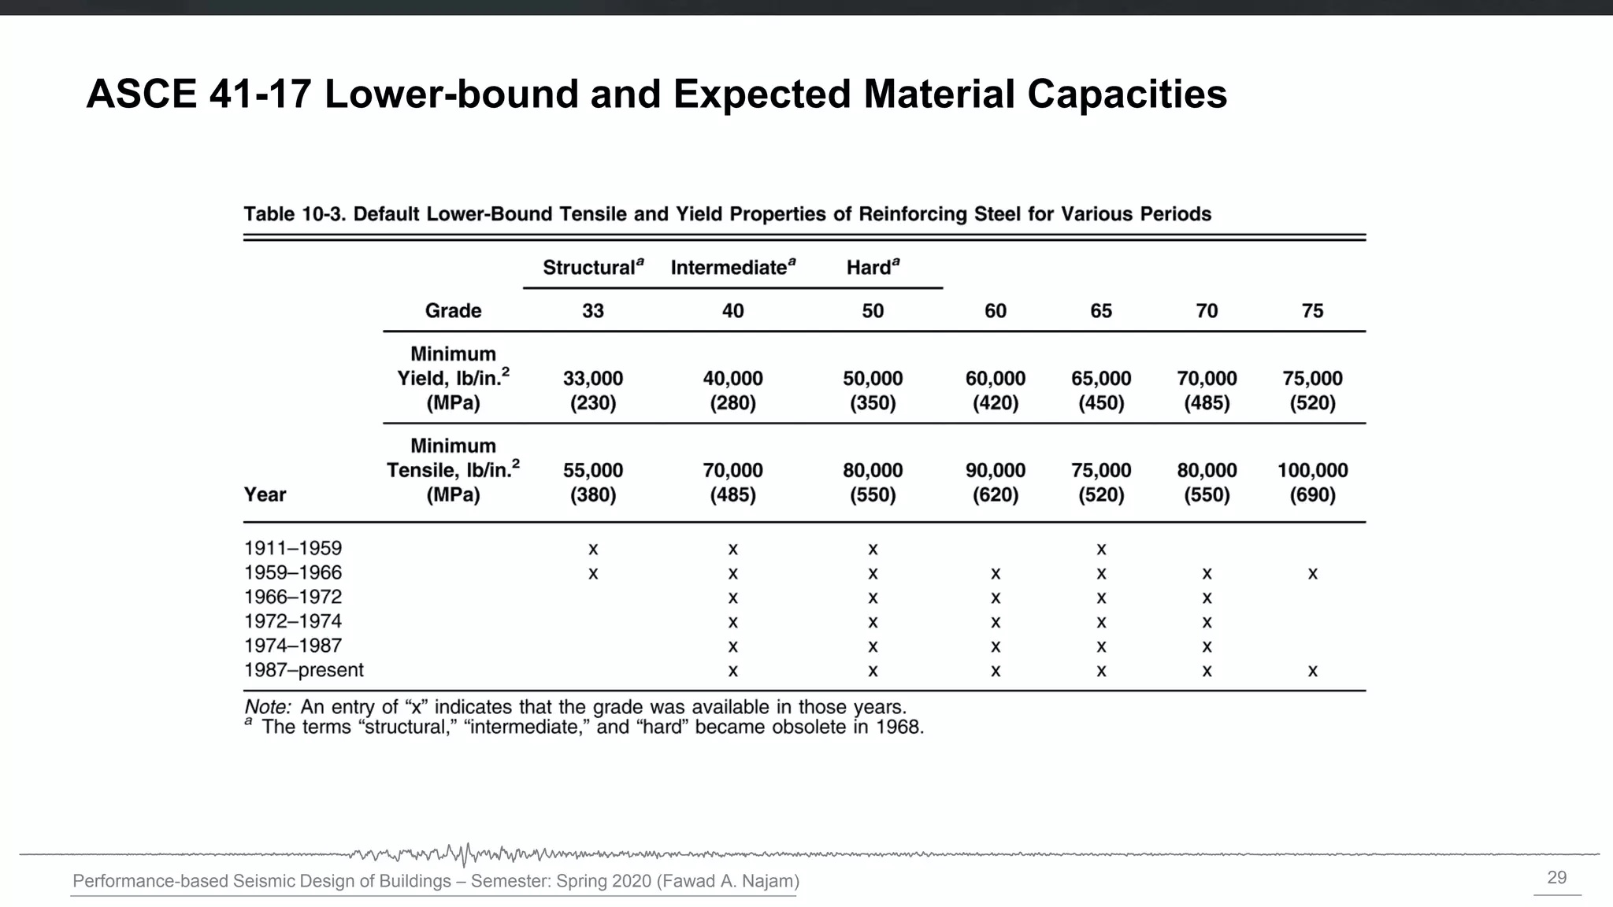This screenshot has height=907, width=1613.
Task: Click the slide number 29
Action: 1556,878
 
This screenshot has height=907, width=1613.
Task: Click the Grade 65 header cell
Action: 1100,311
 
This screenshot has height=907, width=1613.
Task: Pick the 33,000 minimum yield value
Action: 592,379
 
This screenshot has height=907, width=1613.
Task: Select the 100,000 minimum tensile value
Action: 1312,471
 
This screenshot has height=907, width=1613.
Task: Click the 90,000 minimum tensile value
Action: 995,471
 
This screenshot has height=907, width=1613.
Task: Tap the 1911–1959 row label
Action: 292,548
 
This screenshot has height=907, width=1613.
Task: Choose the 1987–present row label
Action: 303,670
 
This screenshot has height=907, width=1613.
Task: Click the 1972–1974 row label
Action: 292,621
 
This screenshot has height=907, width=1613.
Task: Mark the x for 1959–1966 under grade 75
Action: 1312,574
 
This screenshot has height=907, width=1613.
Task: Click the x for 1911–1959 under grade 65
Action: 1101,550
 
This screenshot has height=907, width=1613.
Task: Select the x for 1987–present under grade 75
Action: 1312,672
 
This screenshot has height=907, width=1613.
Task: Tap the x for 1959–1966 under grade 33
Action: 593,574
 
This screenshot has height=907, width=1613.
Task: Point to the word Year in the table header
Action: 265,494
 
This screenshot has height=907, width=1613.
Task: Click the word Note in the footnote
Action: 266,707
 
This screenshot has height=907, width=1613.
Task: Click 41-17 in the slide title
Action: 260,94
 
